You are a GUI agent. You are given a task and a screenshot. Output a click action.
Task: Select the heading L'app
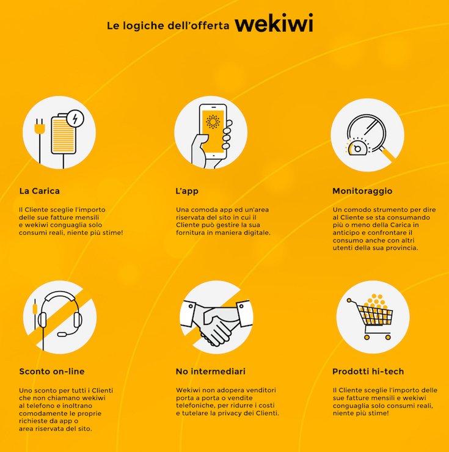click(186, 191)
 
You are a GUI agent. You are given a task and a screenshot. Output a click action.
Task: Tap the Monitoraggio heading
click(362, 191)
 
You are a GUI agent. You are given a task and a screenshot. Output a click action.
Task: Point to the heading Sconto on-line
click(51, 371)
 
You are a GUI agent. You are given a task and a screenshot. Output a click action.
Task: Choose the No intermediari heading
click(211, 371)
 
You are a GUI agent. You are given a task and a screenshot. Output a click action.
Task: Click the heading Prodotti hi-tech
click(368, 371)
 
